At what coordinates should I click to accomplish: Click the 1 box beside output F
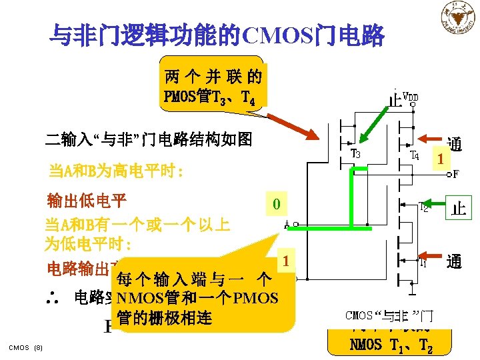(x=439, y=159)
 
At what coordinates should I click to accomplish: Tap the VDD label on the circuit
(x=411, y=98)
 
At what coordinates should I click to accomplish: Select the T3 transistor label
(x=356, y=155)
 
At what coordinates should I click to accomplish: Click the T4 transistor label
(x=413, y=155)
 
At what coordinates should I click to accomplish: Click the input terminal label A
(x=286, y=225)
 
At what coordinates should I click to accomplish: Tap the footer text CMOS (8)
(x=26, y=347)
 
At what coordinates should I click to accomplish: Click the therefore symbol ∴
(x=57, y=295)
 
